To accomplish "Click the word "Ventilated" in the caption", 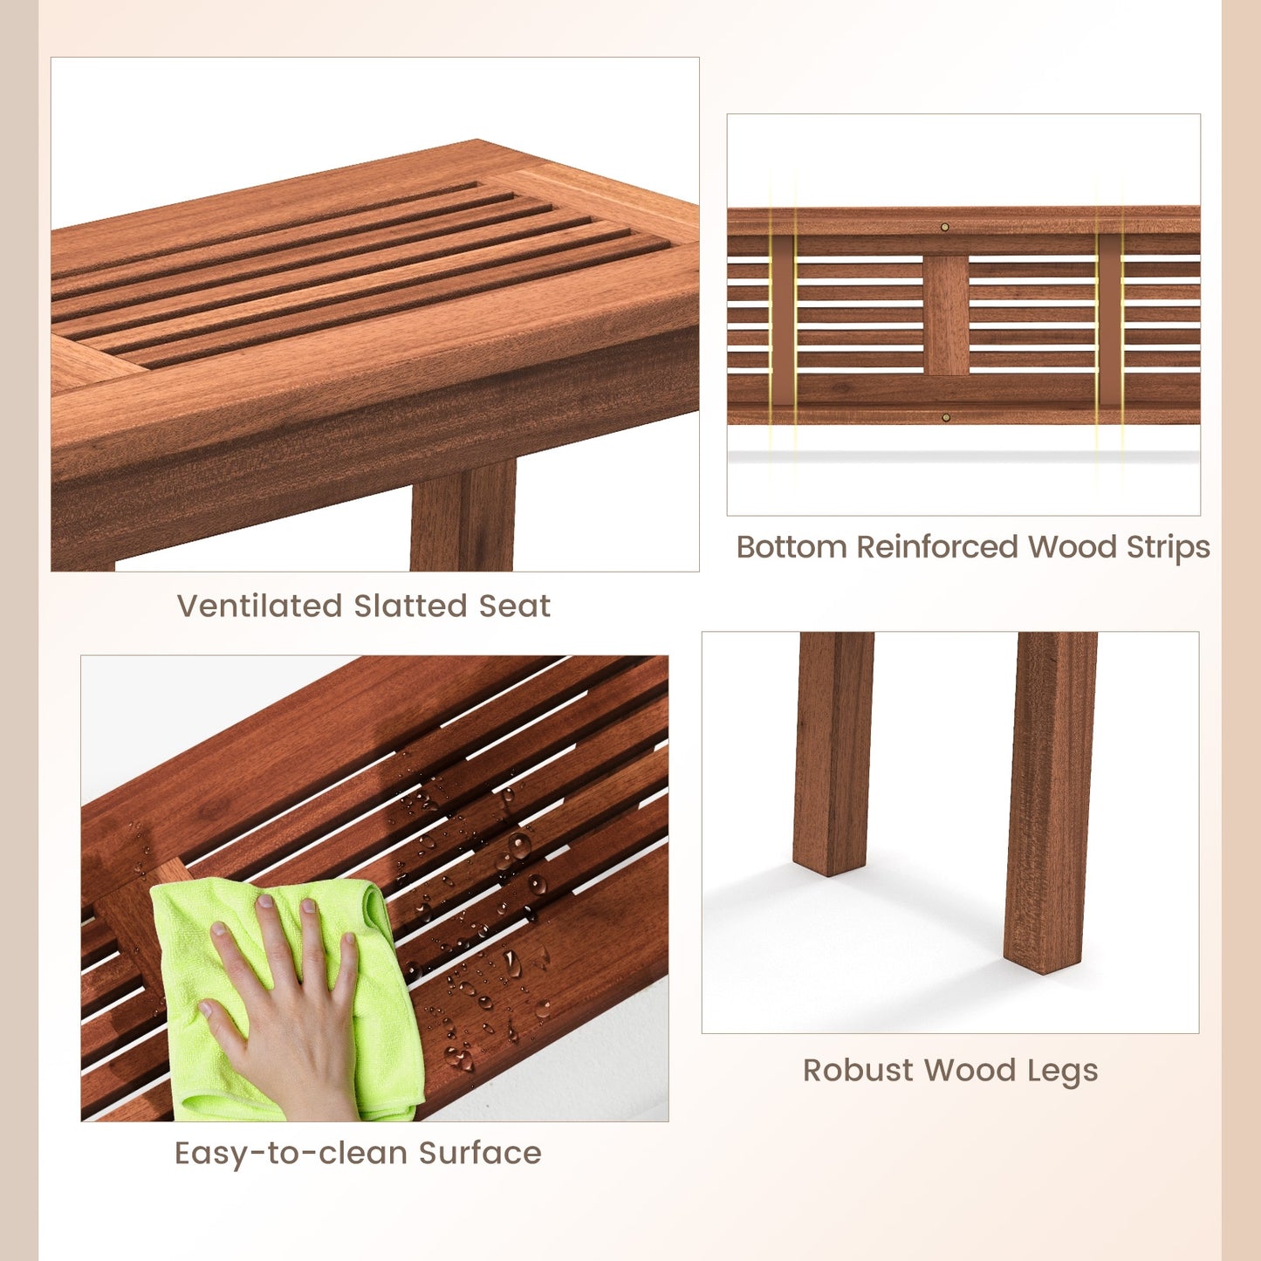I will [259, 606].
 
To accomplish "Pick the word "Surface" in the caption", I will [480, 1153].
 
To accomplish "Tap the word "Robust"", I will [859, 1070].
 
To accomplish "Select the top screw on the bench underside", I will [944, 227].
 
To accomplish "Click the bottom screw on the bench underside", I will [945, 417].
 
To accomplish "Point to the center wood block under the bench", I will [946, 314].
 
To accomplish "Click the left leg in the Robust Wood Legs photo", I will [833, 750].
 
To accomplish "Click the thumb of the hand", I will [218, 1021].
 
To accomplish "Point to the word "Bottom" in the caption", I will [792, 547].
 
